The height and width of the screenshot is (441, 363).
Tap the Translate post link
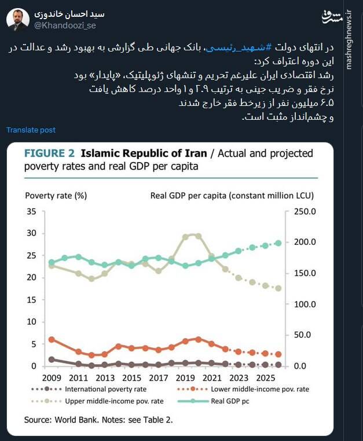pyautogui.click(x=31, y=130)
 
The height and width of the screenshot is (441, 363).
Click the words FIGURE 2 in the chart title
pyautogui.click(x=49, y=154)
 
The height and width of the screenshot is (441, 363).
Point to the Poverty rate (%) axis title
pyautogui.click(x=56, y=195)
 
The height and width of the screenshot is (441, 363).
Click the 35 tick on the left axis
pyautogui.click(x=31, y=212)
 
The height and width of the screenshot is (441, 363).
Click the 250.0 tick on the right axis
pyautogui.click(x=305, y=212)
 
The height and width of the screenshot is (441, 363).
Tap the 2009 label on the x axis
pyautogui.click(x=52, y=377)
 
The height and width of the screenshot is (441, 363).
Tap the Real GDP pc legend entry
pyautogui.click(x=230, y=400)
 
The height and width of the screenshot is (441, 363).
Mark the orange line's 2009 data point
pyautogui.click(x=52, y=340)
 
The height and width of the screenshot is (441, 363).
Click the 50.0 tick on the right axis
pyautogui.click(x=305, y=335)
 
